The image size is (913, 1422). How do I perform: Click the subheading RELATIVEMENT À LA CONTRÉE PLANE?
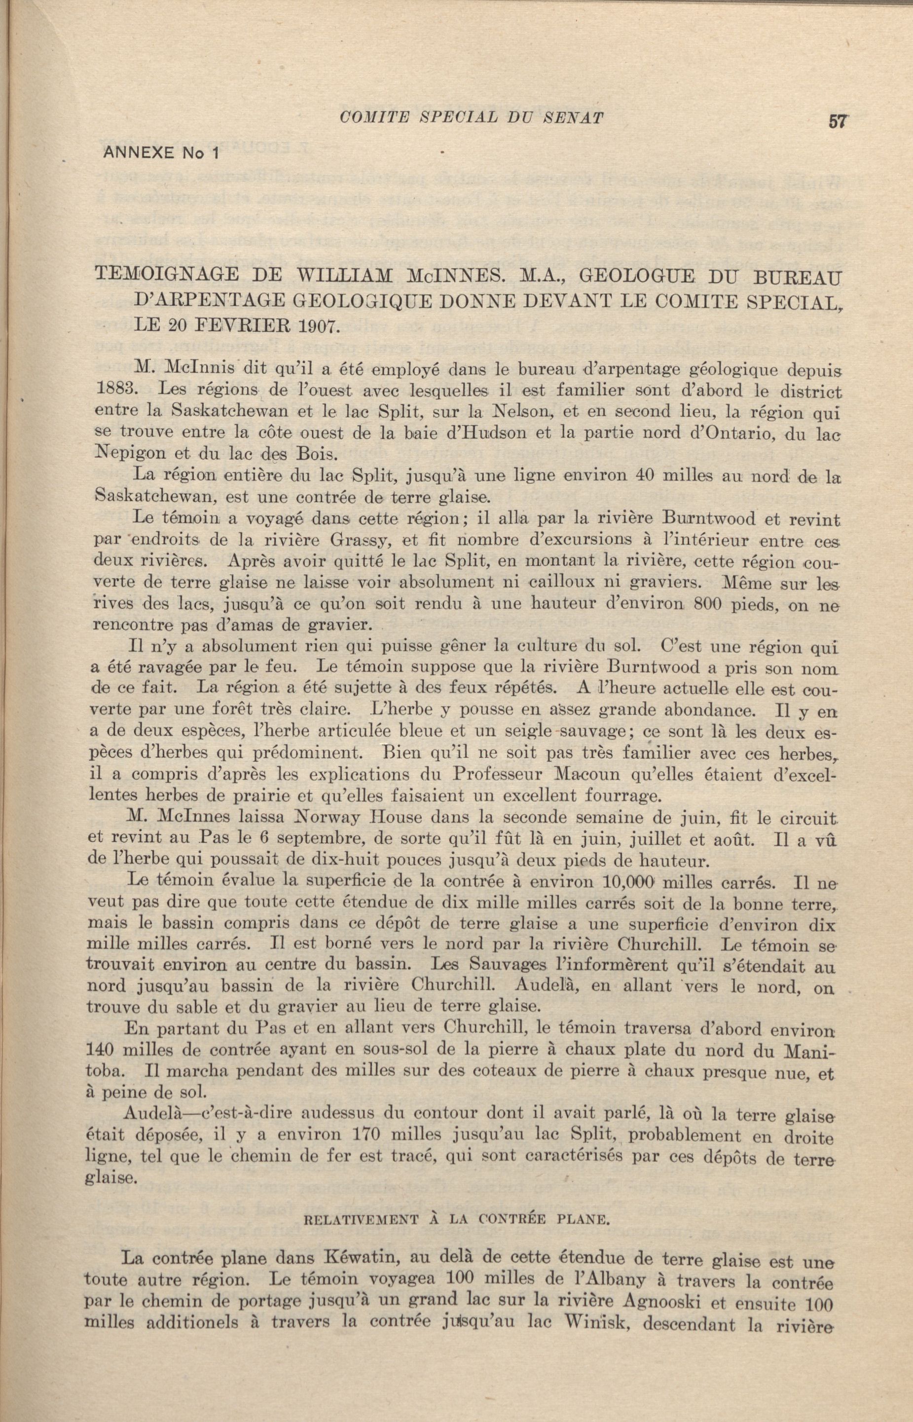click(457, 1199)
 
